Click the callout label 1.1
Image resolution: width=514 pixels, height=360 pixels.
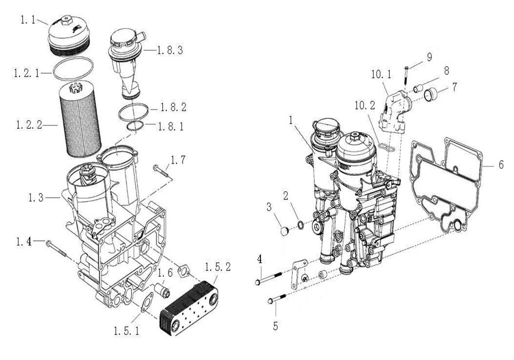click(28, 20)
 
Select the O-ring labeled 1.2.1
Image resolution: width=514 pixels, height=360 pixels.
click(73, 69)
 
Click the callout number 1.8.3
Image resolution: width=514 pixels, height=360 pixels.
click(170, 50)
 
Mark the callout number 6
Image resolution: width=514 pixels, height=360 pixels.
click(501, 165)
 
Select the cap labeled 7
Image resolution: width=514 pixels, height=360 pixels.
click(430, 95)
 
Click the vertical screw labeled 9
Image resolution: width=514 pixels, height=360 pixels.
click(406, 77)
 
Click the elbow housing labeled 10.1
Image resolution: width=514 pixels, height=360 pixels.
click(395, 111)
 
